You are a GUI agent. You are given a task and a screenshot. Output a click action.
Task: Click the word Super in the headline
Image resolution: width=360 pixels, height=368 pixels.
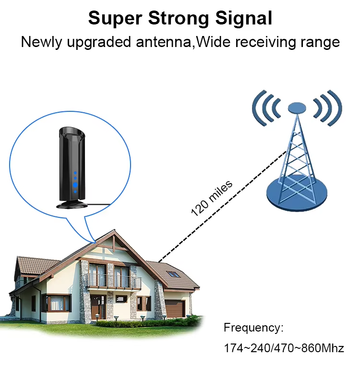[x=115, y=19]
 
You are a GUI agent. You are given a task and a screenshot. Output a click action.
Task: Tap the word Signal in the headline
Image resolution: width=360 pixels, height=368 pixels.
[x=244, y=19]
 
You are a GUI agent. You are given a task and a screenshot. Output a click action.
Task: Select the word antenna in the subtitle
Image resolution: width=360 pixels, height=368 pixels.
[x=164, y=42]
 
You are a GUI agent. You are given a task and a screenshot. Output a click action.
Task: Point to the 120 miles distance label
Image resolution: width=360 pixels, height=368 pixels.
[x=212, y=198]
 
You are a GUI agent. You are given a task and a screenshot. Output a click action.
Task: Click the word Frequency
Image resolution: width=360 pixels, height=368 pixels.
[x=253, y=328]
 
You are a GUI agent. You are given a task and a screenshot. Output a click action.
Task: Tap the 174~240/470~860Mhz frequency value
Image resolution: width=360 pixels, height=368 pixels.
[x=284, y=348]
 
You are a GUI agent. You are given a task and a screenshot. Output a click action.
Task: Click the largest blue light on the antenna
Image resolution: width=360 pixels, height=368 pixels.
[x=75, y=185]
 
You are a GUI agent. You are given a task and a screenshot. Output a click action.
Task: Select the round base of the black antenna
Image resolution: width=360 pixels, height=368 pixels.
[x=72, y=205]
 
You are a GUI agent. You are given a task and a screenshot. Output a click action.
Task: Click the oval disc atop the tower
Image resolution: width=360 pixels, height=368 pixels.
[x=297, y=108]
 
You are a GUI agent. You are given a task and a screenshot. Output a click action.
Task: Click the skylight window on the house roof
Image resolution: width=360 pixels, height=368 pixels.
[x=173, y=274]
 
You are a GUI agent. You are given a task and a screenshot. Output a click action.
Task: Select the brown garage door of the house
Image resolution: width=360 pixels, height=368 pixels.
[x=175, y=309]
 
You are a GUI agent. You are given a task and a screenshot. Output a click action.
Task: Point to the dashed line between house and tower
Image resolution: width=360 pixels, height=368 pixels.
[x=222, y=207]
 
